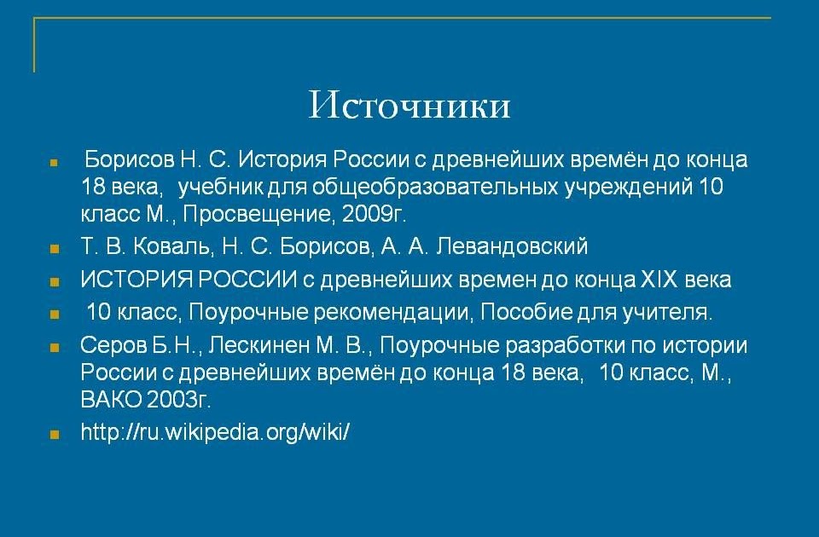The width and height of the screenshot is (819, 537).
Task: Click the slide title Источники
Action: click(409, 105)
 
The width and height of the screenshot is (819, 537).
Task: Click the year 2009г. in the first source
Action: click(374, 214)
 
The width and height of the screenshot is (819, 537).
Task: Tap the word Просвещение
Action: click(259, 215)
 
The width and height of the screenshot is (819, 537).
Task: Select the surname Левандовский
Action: click(512, 246)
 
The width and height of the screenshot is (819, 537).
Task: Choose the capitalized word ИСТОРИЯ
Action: click(136, 280)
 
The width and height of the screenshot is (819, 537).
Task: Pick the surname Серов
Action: click(113, 345)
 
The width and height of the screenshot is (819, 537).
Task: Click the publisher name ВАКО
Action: click(111, 400)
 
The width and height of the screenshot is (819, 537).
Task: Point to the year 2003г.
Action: click(178, 400)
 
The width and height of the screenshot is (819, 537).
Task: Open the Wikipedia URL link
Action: click(215, 432)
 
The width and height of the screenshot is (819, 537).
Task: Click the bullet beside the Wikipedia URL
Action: click(55, 434)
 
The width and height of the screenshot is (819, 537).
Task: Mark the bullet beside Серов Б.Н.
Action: click(55, 347)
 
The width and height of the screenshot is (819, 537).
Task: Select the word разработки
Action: click(566, 346)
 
